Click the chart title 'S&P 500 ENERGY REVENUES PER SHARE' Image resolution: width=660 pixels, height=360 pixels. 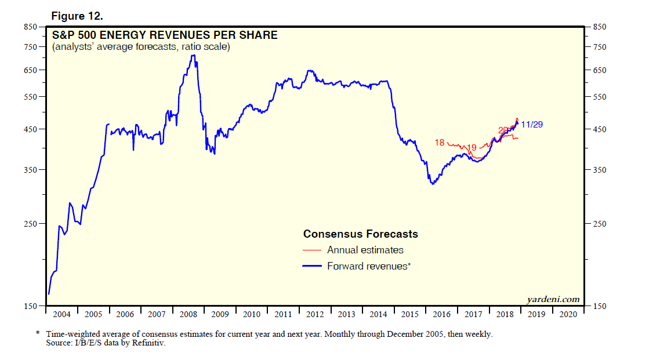[x=165, y=35]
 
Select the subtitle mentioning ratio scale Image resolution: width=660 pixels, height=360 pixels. [x=141, y=47]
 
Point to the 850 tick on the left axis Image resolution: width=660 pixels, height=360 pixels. [x=30, y=27]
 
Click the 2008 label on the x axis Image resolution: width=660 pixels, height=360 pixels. [x=188, y=314]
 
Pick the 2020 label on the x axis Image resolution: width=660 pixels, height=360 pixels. [x=568, y=314]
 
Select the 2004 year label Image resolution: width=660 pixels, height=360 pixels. [x=61, y=314]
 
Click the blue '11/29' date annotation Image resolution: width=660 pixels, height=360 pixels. [x=532, y=125]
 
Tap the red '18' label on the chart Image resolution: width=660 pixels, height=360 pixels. [x=439, y=143]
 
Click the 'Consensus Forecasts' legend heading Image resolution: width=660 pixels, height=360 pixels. [x=360, y=234]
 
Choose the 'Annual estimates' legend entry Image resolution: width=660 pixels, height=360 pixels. [x=365, y=250]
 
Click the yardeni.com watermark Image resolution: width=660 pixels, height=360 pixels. [x=553, y=299]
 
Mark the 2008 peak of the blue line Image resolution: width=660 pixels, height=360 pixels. [x=194, y=55]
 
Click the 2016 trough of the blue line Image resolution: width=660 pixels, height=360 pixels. [x=432, y=184]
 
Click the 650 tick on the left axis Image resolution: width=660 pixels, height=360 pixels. [x=30, y=71]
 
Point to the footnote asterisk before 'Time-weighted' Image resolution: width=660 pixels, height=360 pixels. [x=38, y=333]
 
